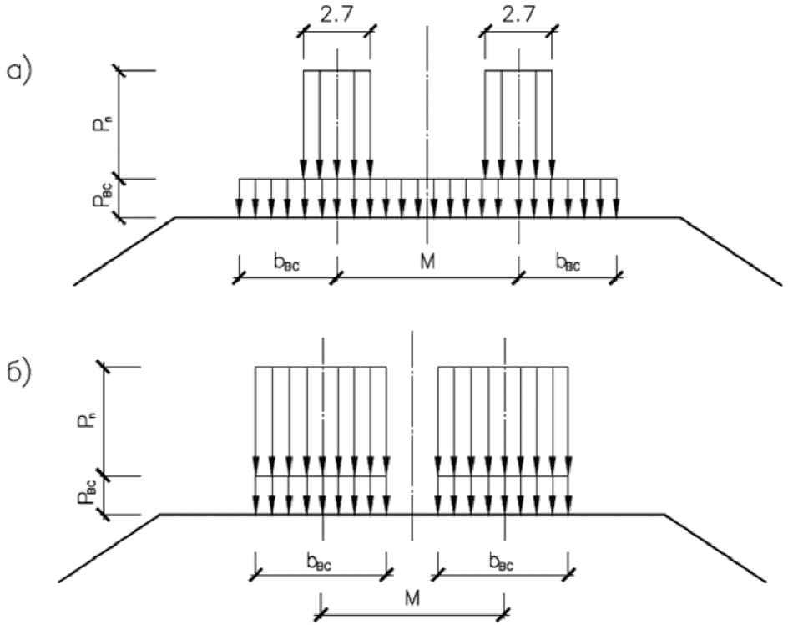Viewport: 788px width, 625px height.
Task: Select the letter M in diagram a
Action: coord(427,263)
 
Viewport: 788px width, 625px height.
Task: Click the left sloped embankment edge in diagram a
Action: coord(125,251)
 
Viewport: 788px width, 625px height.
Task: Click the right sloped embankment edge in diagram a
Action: coord(730,251)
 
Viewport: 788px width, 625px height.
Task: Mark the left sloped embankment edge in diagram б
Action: coord(109,547)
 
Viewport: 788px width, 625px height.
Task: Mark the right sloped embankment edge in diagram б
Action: coord(718,547)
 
